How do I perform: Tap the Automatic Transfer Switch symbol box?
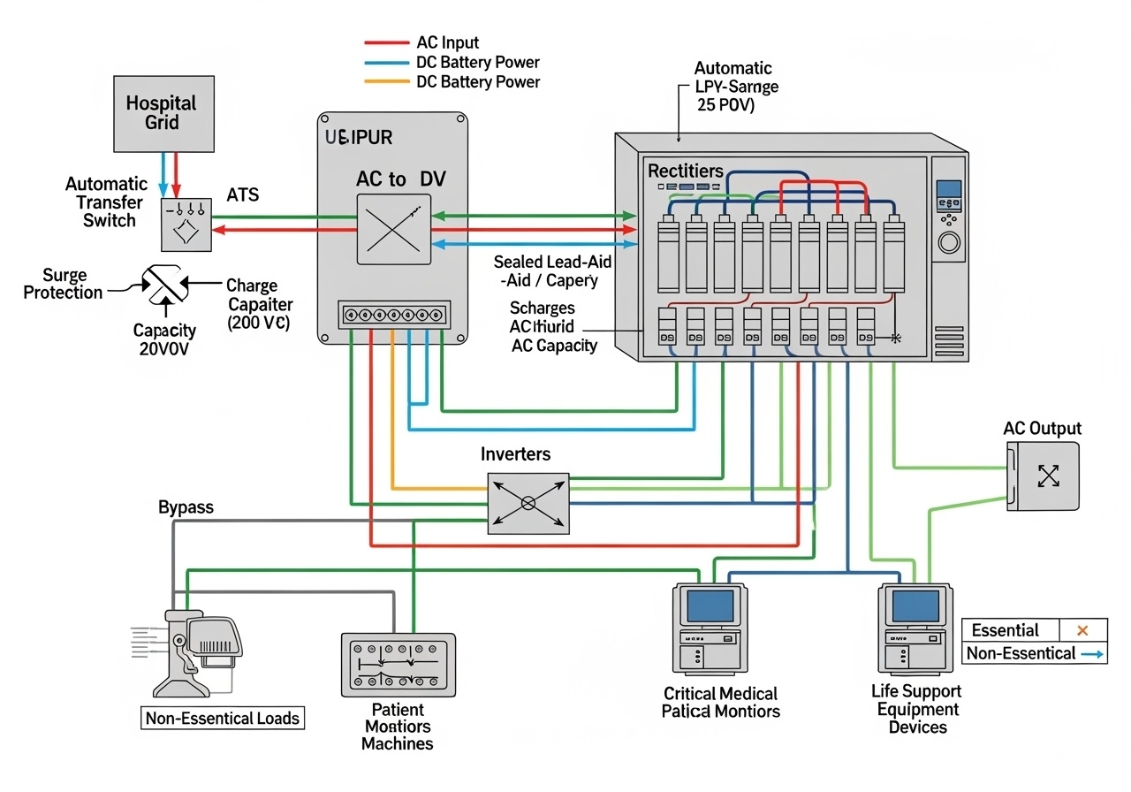(x=186, y=225)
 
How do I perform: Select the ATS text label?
(x=242, y=194)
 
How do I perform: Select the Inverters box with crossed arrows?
(x=528, y=503)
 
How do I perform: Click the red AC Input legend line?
(x=385, y=42)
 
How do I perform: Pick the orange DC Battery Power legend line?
(x=385, y=82)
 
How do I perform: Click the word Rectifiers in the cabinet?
(x=686, y=171)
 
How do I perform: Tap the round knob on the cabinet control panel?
(x=949, y=242)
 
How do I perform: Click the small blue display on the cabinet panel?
(x=948, y=189)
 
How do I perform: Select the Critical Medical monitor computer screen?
(x=710, y=606)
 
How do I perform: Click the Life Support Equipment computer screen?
(x=915, y=606)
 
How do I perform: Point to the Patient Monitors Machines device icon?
(x=398, y=664)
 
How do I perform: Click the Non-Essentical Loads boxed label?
(x=223, y=718)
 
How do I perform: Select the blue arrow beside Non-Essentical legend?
(x=1093, y=654)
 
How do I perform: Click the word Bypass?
(x=186, y=507)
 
